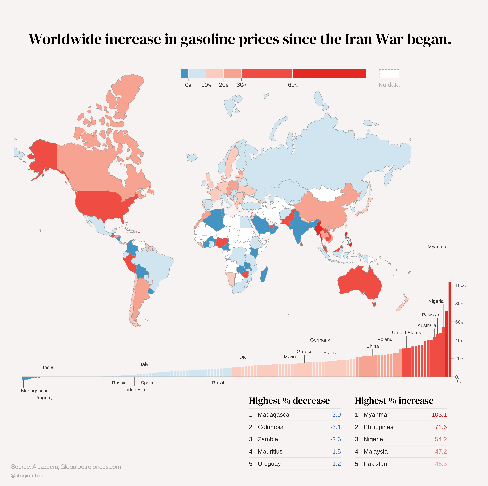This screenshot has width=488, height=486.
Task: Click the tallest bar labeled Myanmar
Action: pyautogui.click(x=450, y=329)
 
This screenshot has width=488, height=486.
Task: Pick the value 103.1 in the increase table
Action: pyautogui.click(x=439, y=415)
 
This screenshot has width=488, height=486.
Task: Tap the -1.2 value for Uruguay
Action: pyautogui.click(x=336, y=464)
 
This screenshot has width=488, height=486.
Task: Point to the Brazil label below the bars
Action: pyautogui.click(x=218, y=383)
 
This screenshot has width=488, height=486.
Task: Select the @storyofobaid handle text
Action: pyautogui.click(x=28, y=476)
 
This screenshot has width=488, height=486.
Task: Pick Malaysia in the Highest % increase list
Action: pyautogui.click(x=376, y=452)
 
